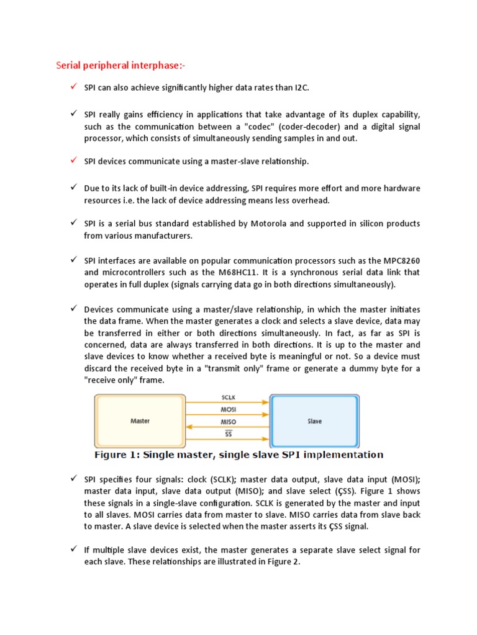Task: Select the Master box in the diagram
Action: [x=140, y=420]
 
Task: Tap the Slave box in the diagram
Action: [x=314, y=420]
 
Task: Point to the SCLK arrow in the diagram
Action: [x=227, y=402]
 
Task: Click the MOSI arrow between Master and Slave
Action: [x=227, y=414]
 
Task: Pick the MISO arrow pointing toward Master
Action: [x=227, y=426]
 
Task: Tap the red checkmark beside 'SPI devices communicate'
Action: [x=72, y=161]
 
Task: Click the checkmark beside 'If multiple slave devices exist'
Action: [x=72, y=550]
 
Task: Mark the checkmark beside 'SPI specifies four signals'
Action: [x=72, y=479]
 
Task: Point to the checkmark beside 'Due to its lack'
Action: [x=72, y=187]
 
